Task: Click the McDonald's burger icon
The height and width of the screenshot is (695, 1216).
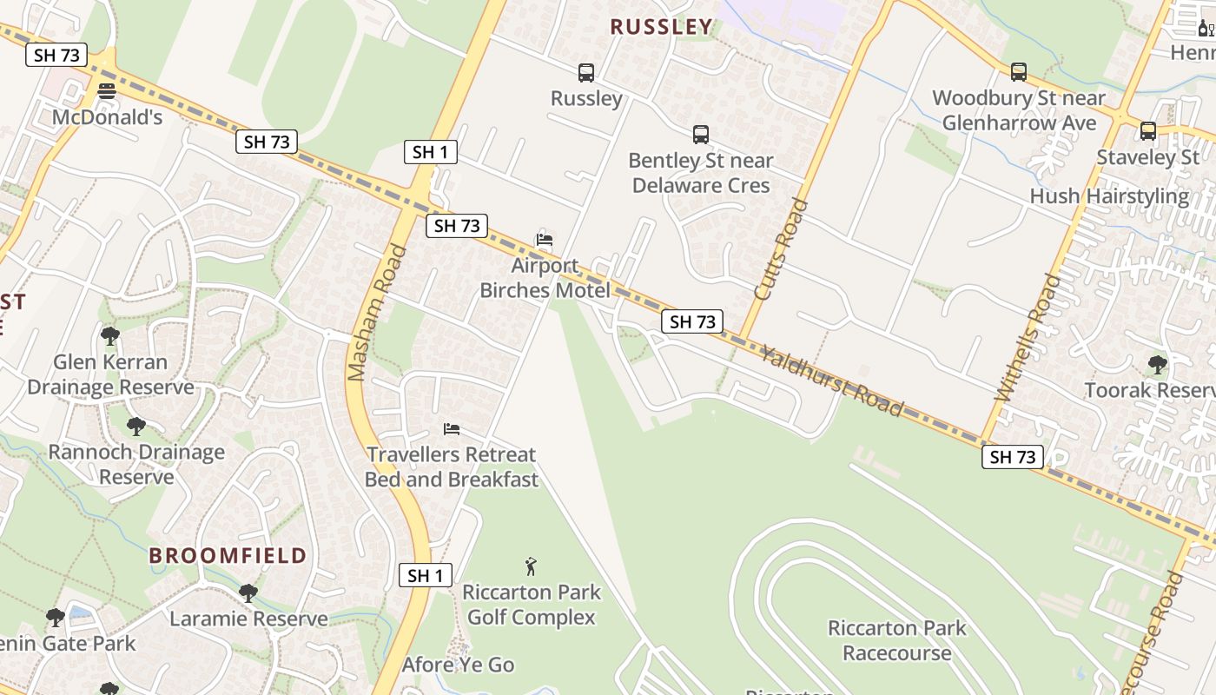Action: pos(107,91)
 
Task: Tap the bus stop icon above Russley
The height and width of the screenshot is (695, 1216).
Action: pos(586,73)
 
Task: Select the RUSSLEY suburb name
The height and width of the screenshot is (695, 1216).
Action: pos(661,27)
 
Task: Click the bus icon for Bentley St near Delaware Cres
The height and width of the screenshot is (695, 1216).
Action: pos(701,135)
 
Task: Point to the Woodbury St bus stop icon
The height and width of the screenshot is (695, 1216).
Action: pos(1019,72)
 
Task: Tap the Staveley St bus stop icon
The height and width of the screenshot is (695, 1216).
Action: pos(1148,131)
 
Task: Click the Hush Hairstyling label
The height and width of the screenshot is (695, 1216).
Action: pos(1109,196)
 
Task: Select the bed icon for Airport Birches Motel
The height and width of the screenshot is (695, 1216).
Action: pos(545,240)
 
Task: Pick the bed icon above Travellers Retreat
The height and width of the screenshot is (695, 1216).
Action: pos(452,429)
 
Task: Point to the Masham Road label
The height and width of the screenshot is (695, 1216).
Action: pos(377,313)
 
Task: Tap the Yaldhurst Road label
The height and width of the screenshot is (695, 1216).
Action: pos(832,381)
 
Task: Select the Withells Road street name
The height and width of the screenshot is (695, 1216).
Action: pos(1028,337)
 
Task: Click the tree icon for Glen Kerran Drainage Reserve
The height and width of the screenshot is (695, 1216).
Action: pos(109,336)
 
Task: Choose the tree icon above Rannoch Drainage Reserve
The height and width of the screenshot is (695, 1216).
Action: pos(135,427)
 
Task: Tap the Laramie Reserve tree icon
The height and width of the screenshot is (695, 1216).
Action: pos(248,593)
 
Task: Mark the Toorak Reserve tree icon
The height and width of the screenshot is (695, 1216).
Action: pos(1157,364)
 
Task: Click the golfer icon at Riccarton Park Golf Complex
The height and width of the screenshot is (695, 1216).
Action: pos(531,567)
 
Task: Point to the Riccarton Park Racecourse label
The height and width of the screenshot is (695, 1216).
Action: pos(896,640)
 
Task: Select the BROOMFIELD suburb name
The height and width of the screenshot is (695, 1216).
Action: pos(228,556)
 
